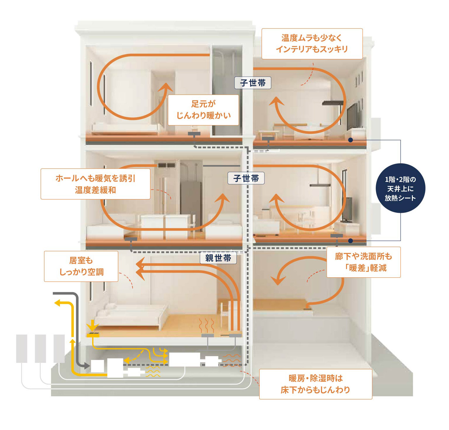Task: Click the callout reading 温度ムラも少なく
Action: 312,43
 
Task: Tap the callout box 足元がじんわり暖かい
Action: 203,110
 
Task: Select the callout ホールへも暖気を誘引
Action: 95,184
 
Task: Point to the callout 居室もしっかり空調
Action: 81,266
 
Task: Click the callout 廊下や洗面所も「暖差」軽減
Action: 363,262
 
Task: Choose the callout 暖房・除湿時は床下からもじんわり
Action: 315,384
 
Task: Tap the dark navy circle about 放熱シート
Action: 400,189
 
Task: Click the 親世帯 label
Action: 218,258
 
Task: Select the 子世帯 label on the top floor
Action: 253,83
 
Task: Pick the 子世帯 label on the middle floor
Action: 246,178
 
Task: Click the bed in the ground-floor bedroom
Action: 131,315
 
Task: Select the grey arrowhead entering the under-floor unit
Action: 86,365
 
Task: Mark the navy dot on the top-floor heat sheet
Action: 351,140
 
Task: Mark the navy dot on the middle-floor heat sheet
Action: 351,241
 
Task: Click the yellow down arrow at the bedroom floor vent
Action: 92,326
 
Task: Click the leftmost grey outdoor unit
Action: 22,349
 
